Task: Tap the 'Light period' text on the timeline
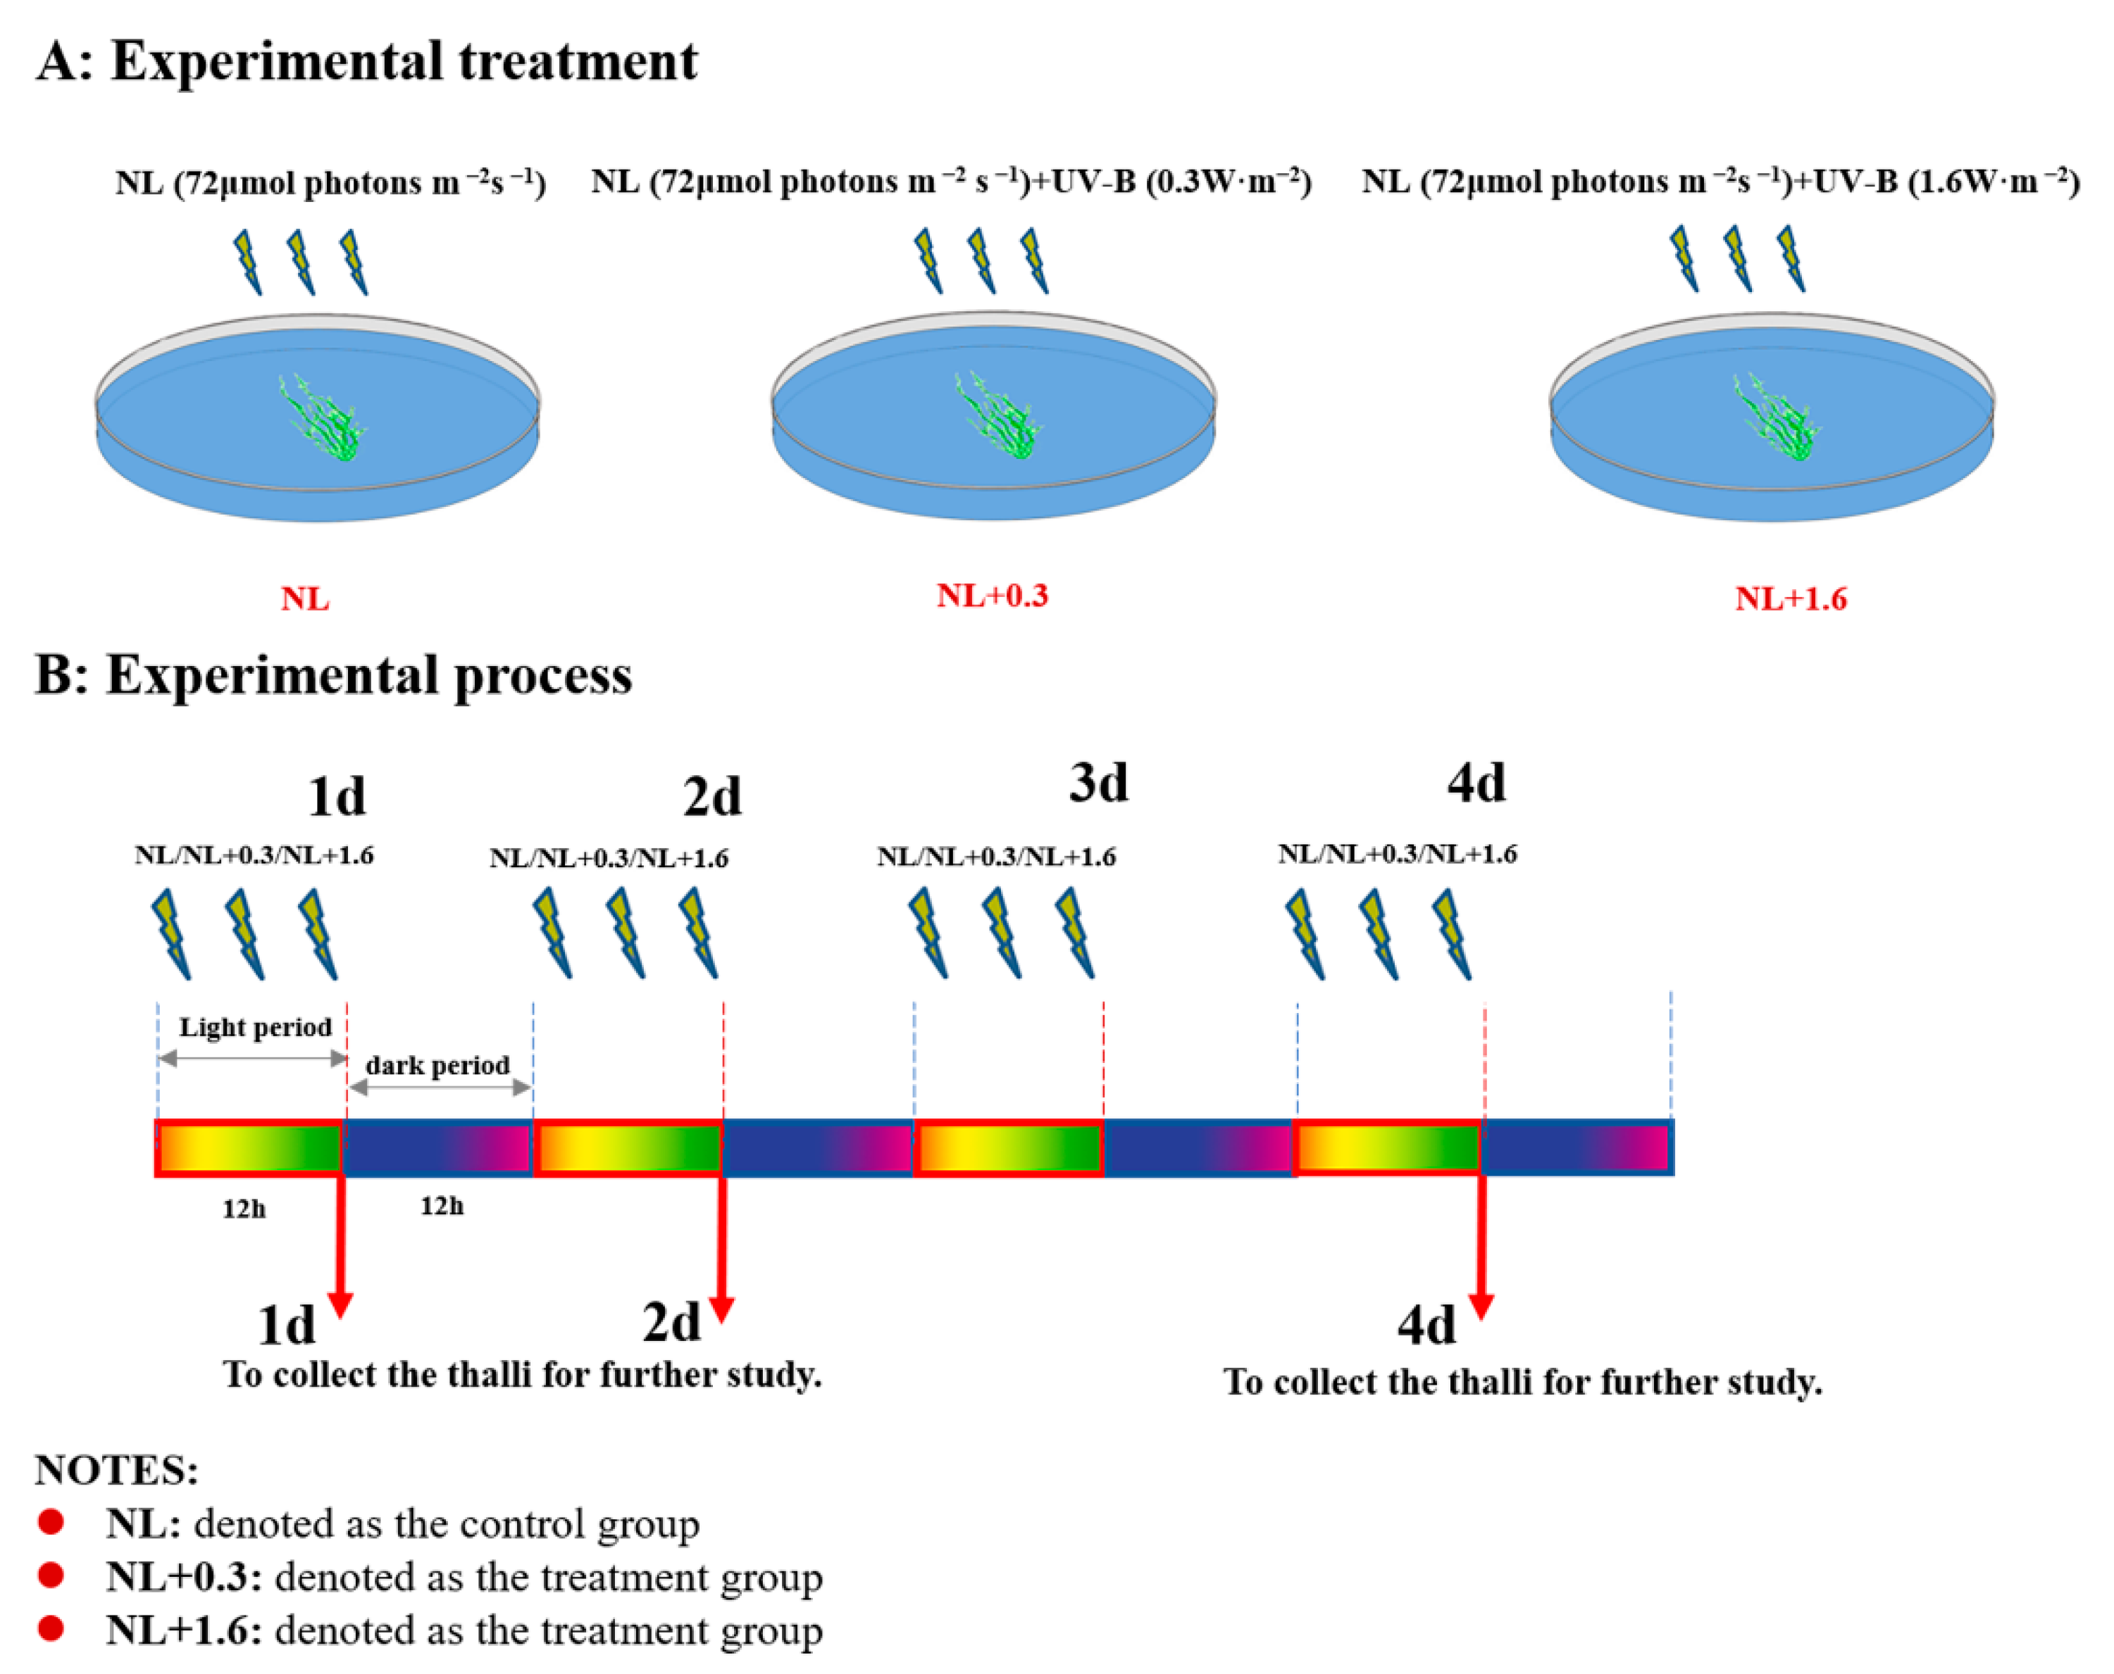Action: (x=255, y=1026)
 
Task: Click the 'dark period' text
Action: (x=437, y=1064)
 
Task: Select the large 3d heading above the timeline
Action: (x=1098, y=782)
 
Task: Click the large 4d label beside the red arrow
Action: (x=1426, y=1325)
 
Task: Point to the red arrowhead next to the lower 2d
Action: (x=721, y=1309)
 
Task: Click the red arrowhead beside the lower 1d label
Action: (x=340, y=1304)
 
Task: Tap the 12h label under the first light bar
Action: (x=243, y=1209)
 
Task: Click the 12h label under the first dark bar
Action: (x=441, y=1205)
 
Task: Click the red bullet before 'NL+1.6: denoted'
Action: (x=51, y=1628)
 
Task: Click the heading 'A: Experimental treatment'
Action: (x=367, y=61)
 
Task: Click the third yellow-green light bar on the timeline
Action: (x=1008, y=1147)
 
